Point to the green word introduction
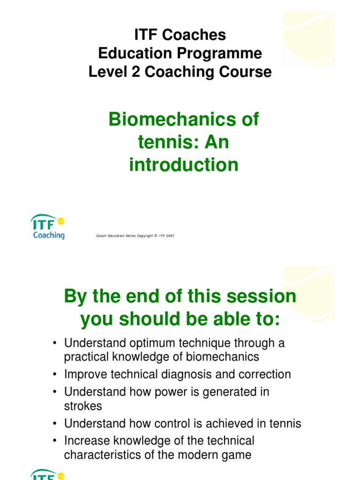[184, 165]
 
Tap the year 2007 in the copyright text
[169, 236]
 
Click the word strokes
[83, 405]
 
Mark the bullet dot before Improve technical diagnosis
[55, 375]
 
